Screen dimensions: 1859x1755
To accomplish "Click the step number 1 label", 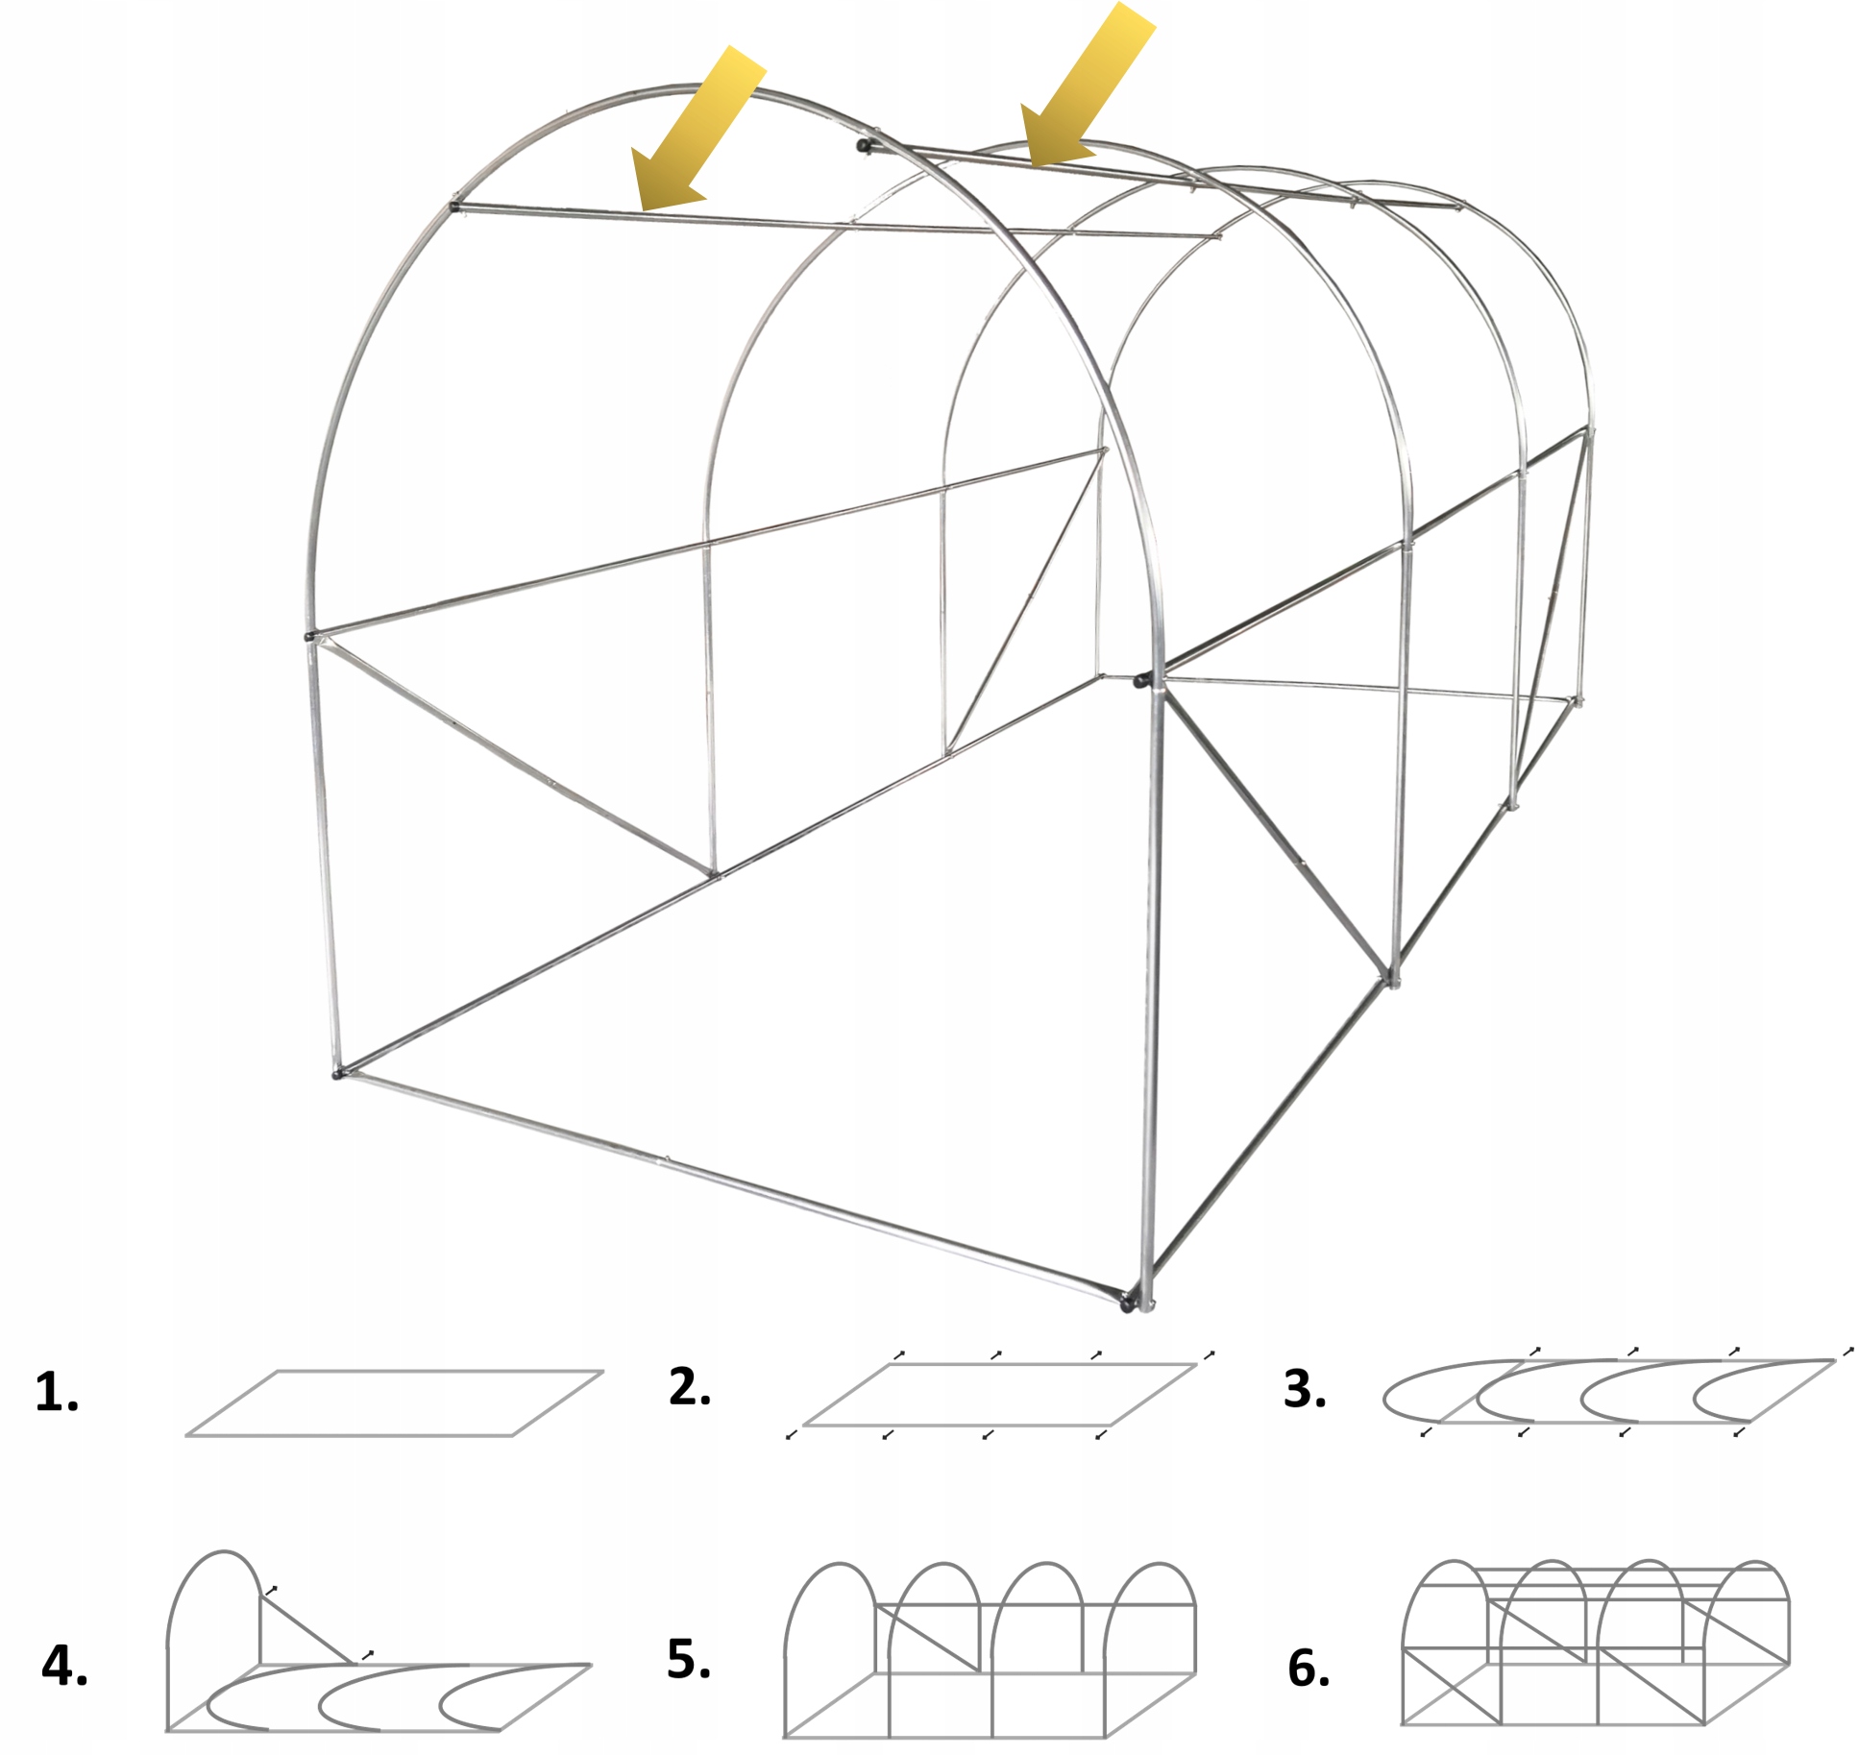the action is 57,1393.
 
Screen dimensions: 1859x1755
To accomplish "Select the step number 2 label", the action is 690,1387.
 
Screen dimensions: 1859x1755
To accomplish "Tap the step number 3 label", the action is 1305,1389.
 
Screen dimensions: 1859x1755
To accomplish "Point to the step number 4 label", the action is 64,1666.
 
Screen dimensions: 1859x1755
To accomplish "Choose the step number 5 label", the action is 689,1659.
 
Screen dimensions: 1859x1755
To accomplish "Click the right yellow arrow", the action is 1087,85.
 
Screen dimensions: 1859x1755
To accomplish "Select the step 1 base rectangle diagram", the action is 394,1403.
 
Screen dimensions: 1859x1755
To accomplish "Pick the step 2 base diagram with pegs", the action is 1000,1395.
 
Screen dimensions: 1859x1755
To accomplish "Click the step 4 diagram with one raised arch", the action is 379,1642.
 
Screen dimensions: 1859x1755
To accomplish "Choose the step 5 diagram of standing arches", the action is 990,1650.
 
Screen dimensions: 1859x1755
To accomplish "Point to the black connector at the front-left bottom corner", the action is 338,1073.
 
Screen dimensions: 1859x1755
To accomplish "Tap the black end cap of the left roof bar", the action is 454,206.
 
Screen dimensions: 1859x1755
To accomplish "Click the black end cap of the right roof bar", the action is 864,146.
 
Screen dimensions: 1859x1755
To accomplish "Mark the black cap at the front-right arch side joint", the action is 1140,680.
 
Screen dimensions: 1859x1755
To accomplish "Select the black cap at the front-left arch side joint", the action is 309,636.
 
